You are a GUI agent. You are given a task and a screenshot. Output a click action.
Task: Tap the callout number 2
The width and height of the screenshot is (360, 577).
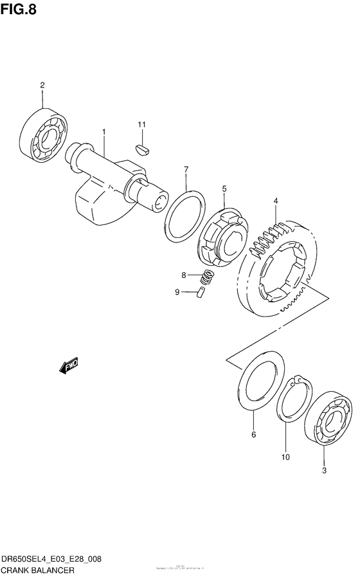[x=42, y=85]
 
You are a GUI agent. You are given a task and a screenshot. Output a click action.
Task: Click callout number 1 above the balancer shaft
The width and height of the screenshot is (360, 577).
[x=103, y=131]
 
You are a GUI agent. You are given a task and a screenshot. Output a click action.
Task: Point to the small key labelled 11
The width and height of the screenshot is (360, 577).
[x=142, y=149]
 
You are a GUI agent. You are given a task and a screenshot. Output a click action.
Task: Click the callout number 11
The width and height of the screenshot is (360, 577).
[x=141, y=124]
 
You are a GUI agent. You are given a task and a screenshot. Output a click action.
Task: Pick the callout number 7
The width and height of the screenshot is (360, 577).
[x=186, y=170]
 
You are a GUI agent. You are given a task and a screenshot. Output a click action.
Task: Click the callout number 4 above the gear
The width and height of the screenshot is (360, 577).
[x=275, y=201]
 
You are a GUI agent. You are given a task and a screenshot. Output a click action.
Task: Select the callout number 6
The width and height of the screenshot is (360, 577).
[x=253, y=435]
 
